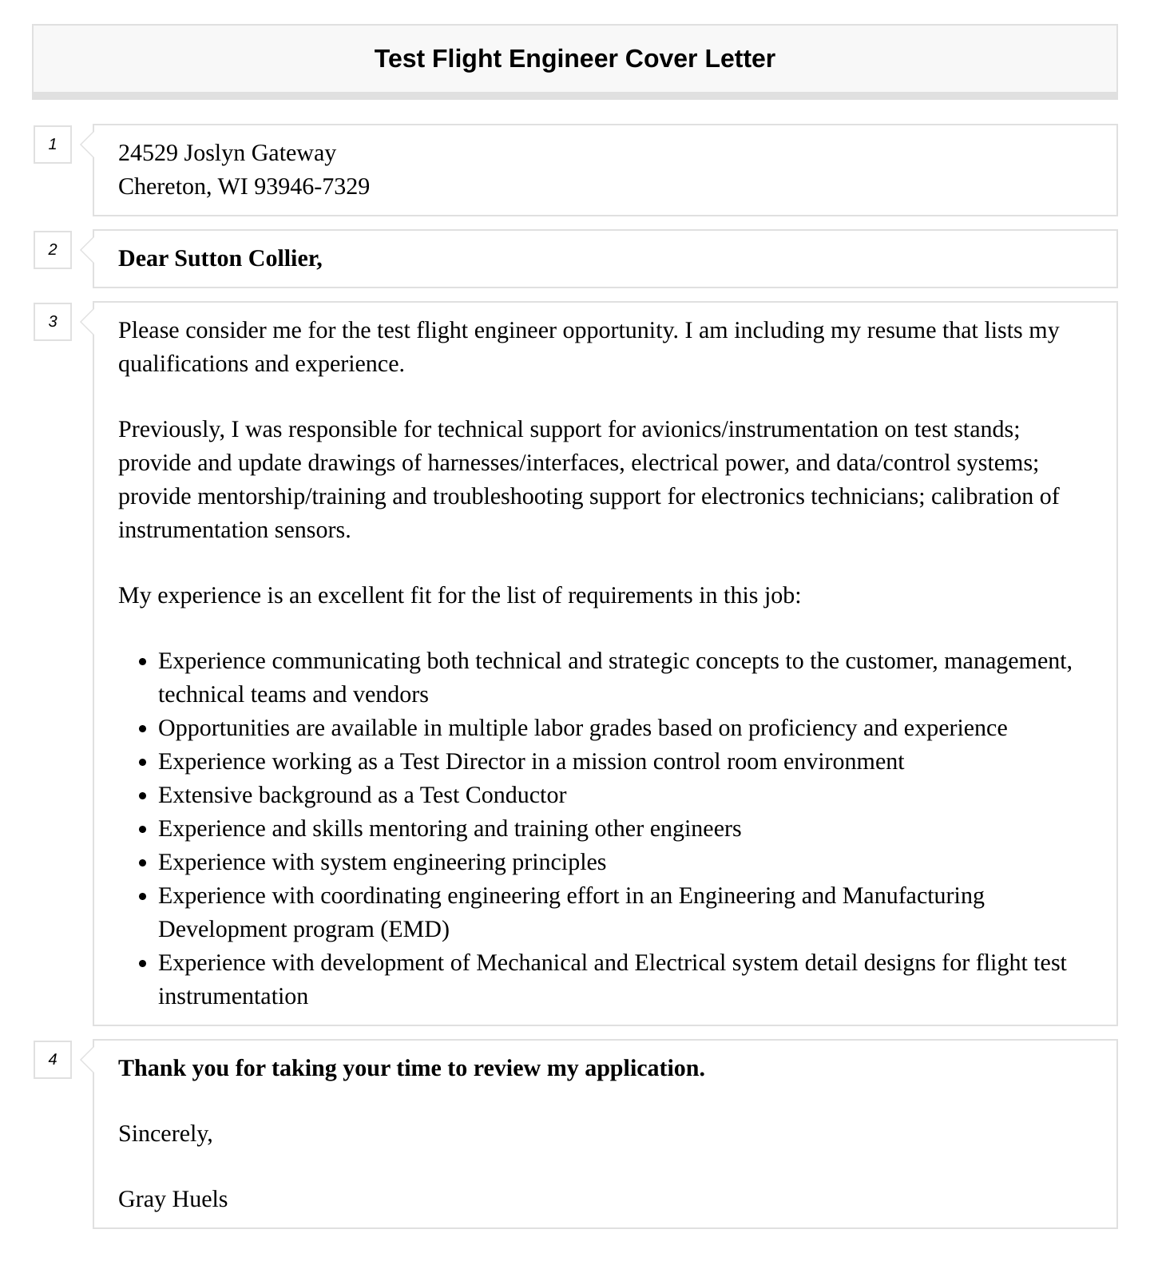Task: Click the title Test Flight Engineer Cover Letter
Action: coord(574,59)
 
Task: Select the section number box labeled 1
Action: coord(53,145)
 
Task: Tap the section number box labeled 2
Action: coord(53,250)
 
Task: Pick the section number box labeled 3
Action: coord(53,322)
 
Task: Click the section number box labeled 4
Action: coord(53,1060)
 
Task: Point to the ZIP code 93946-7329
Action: coord(311,187)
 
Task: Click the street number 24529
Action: coord(148,153)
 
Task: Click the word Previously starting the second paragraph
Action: coord(170,430)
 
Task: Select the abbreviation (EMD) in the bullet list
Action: coord(414,930)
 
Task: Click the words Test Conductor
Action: coord(493,795)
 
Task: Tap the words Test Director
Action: coord(462,762)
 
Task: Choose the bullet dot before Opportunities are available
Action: coord(143,729)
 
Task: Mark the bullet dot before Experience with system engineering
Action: coord(143,863)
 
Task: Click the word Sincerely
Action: coord(165,1134)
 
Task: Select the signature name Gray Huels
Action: coord(172,1200)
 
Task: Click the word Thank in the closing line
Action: coord(150,1069)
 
